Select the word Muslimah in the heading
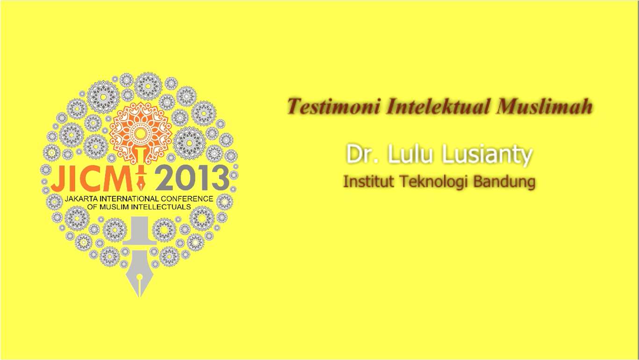[544, 106]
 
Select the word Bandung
[504, 182]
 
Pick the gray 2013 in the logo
[192, 179]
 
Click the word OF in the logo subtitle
[92, 207]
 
